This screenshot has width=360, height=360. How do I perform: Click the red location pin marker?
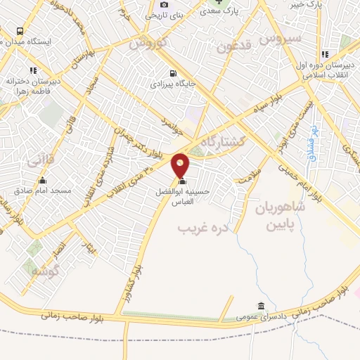pyautogui.click(x=181, y=165)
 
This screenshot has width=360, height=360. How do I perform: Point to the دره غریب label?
pyautogui.click(x=203, y=229)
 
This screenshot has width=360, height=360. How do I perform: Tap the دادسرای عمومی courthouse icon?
pyautogui.click(x=262, y=306)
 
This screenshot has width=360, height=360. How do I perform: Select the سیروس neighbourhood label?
pyautogui.click(x=281, y=37)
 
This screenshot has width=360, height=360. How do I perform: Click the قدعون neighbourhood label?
pyautogui.click(x=233, y=47)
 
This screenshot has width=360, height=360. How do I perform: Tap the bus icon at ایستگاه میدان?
pyautogui.click(x=19, y=32)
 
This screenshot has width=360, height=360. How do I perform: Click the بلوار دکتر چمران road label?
pyautogui.click(x=153, y=141)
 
